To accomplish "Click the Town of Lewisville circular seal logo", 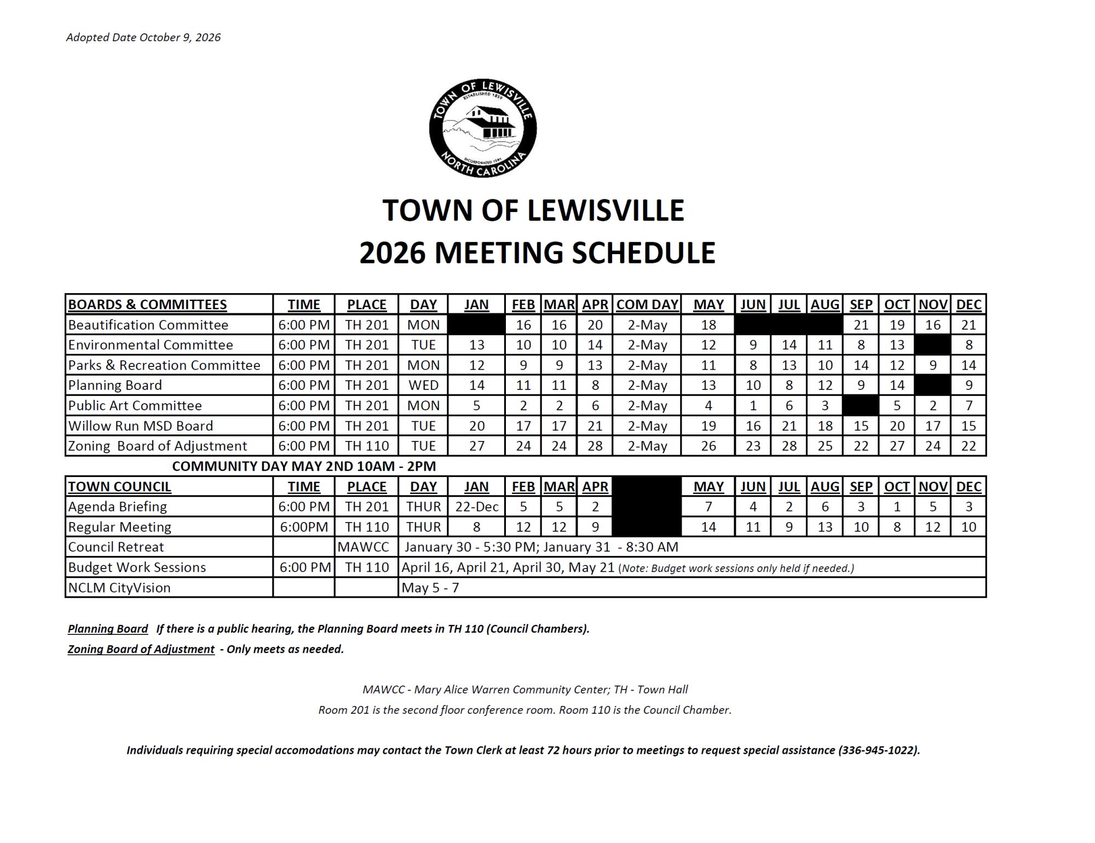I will [x=483, y=128].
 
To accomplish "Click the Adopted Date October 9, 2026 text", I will [x=143, y=37].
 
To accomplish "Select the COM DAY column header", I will [x=647, y=305].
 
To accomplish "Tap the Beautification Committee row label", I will [x=148, y=325].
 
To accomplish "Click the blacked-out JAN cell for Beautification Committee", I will [x=476, y=325].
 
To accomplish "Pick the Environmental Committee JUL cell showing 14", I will [x=789, y=345].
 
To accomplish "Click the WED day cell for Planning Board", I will [x=423, y=385].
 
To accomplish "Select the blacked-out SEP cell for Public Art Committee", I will [x=861, y=405].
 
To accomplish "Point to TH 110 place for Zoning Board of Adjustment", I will [x=367, y=446].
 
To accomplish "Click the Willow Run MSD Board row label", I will [x=140, y=426].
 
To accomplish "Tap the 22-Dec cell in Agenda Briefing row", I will [x=476, y=507].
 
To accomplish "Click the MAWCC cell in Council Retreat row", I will [x=364, y=547].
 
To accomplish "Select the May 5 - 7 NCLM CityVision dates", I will [x=430, y=588].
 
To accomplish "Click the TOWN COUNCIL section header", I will [x=119, y=486].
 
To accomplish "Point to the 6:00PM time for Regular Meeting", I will [x=304, y=527].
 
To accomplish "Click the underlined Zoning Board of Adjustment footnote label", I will [x=141, y=649].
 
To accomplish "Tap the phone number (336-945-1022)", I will [x=878, y=750].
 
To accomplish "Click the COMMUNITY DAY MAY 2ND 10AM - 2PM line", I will [x=304, y=466].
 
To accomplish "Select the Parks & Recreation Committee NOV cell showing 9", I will [x=933, y=365].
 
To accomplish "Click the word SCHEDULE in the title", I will [x=644, y=253].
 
